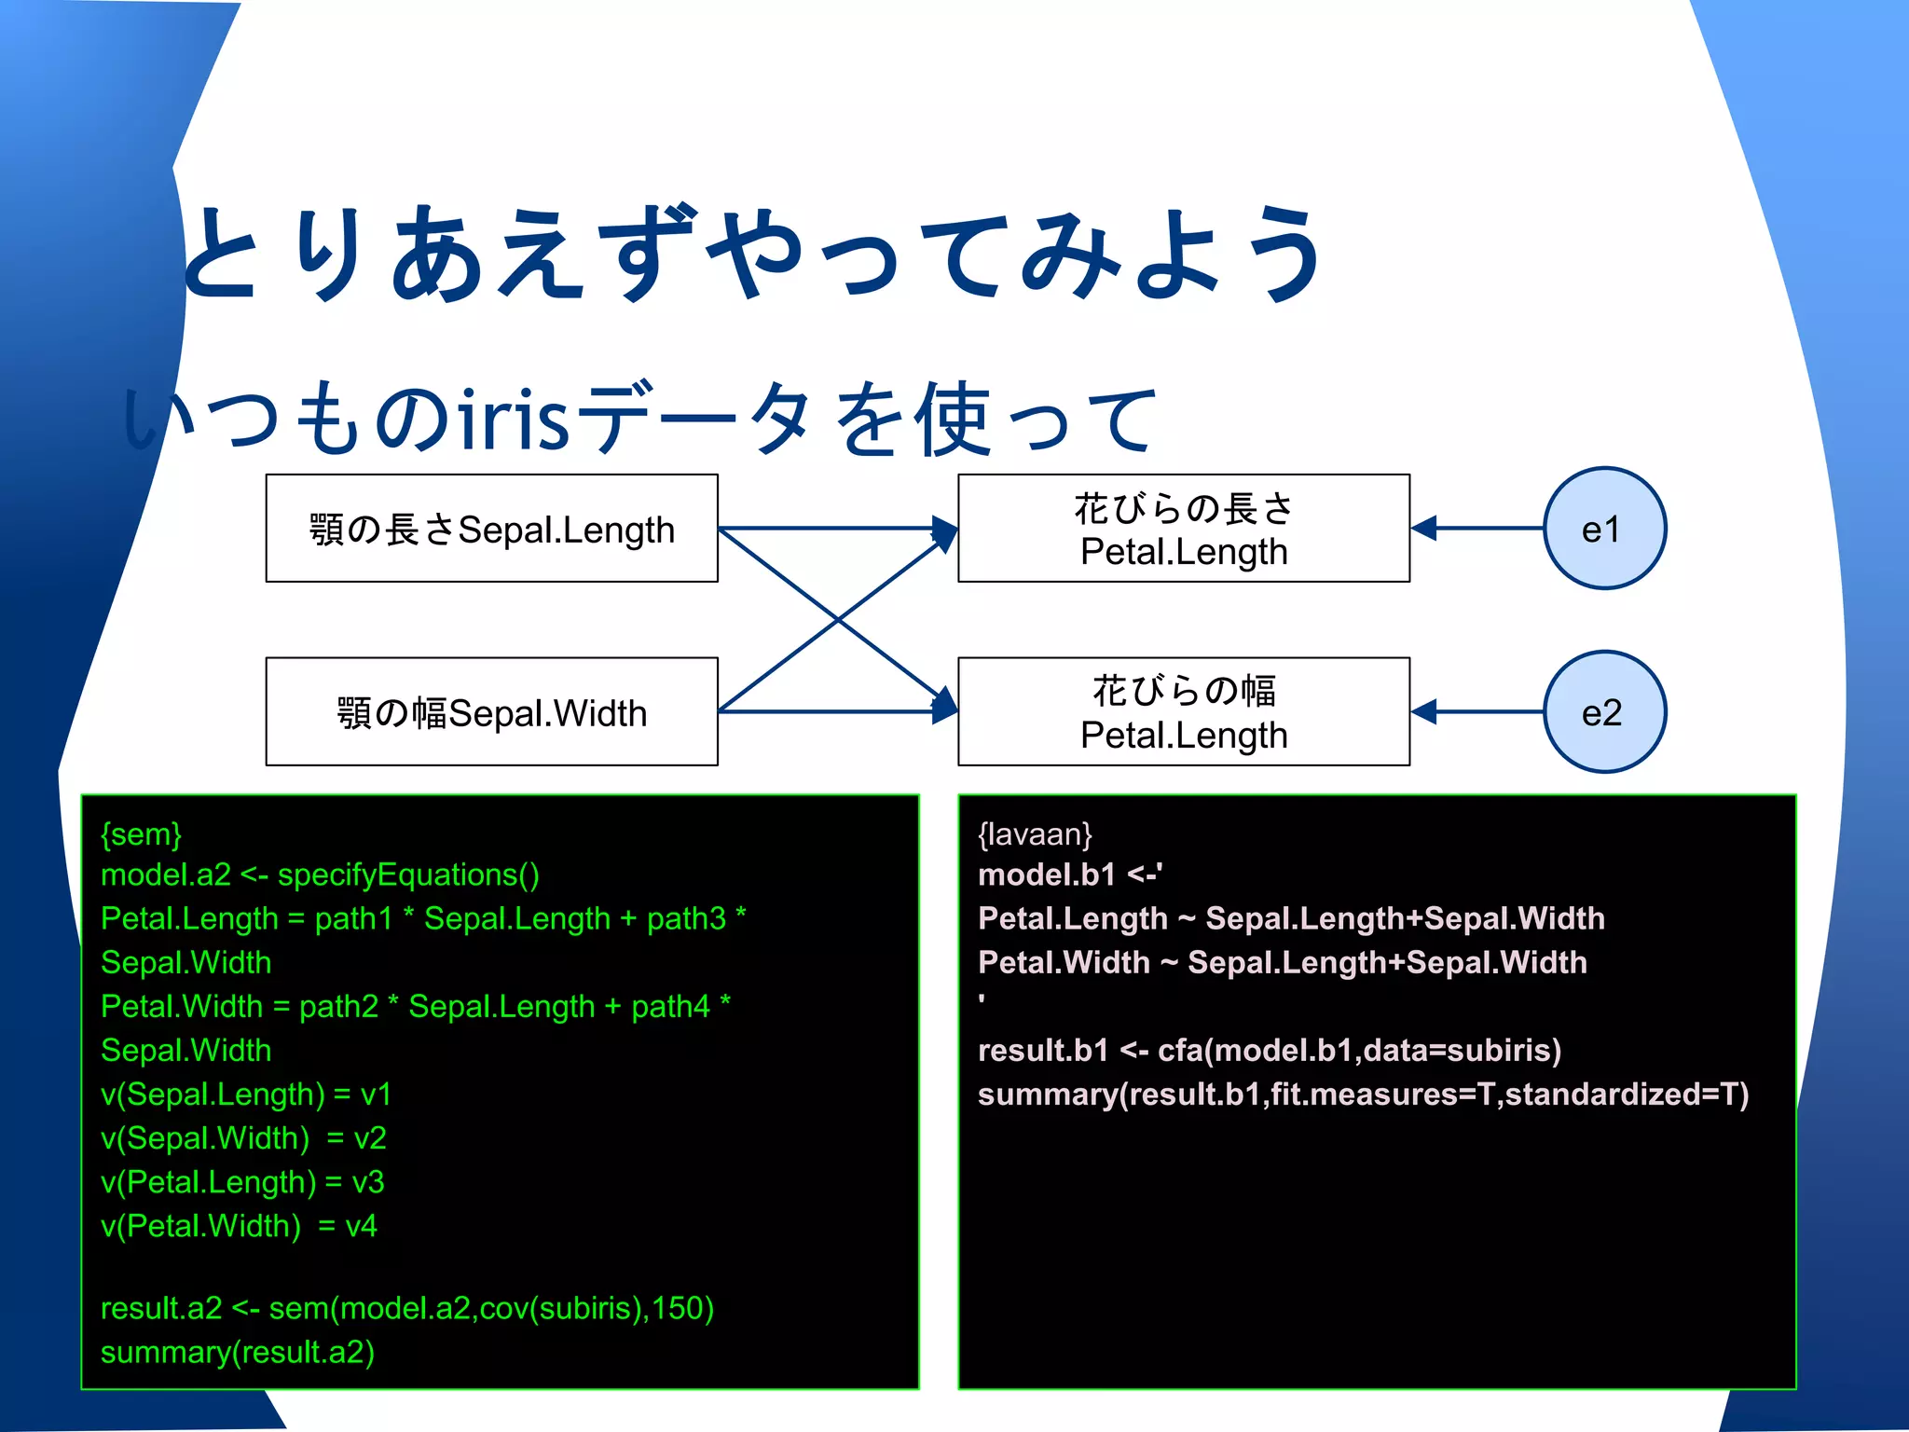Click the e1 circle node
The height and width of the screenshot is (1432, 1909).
pyautogui.click(x=1603, y=529)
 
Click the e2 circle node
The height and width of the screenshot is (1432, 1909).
pyautogui.click(x=1603, y=712)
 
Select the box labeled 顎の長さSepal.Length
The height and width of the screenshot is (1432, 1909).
pyautogui.click(x=491, y=529)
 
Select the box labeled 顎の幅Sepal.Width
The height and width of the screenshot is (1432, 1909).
pyautogui.click(x=491, y=712)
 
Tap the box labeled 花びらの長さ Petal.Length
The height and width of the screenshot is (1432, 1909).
pyautogui.click(x=1183, y=529)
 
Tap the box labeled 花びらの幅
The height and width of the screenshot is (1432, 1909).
pyautogui.click(x=1183, y=712)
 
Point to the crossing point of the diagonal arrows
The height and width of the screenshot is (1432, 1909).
pyautogui.click(x=838, y=620)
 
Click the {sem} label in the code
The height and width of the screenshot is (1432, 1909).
pyautogui.click(x=141, y=833)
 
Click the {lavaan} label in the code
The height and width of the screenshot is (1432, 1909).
pyautogui.click(x=1035, y=833)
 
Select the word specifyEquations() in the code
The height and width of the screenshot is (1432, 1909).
pyautogui.click(x=408, y=875)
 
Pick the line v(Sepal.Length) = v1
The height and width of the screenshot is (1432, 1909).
pyautogui.click(x=245, y=1095)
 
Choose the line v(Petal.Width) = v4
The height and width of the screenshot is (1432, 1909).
pyautogui.click(x=239, y=1226)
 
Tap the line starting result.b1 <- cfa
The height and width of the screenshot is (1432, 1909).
pyautogui.click(x=1269, y=1051)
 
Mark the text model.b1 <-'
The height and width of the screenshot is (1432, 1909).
pyautogui.click(x=1069, y=875)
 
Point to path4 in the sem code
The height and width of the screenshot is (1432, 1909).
pyautogui.click(x=670, y=1007)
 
